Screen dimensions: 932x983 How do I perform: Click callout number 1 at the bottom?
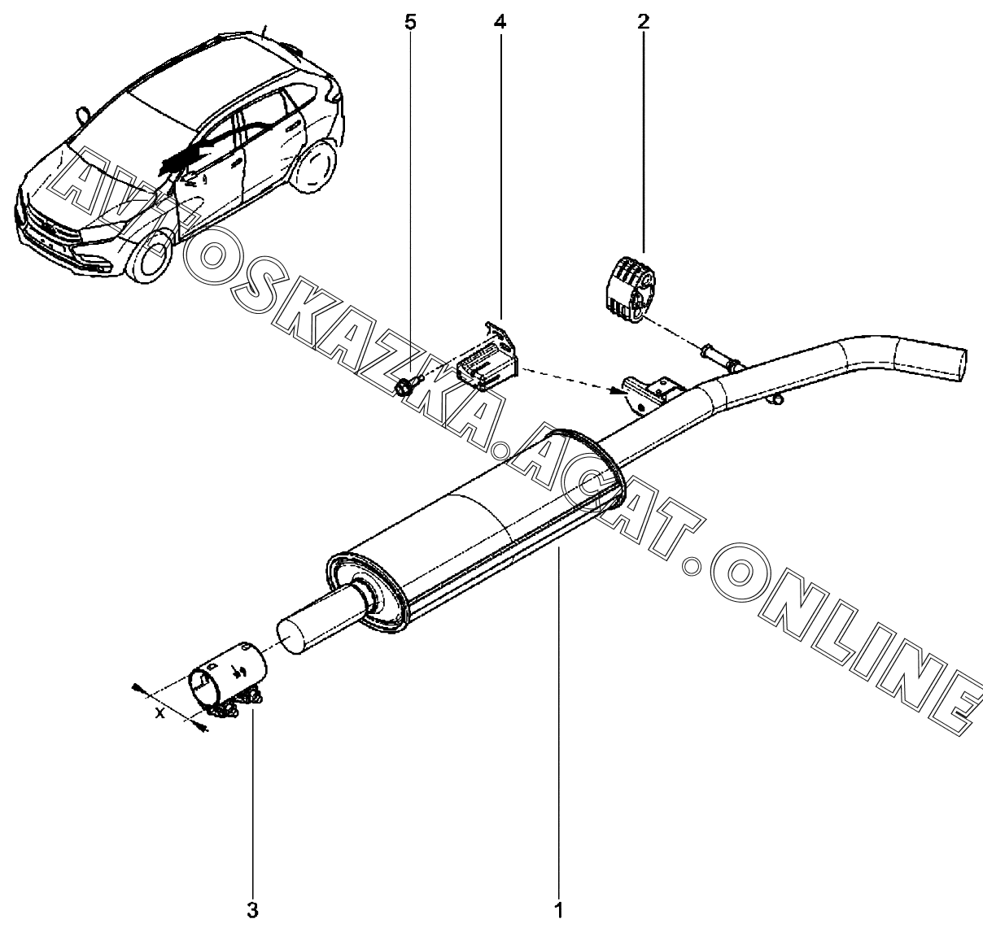click(559, 909)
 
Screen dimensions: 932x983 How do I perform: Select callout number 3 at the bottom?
click(252, 909)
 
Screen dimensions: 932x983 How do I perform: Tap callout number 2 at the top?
click(643, 22)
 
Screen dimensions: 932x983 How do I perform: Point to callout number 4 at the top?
click(500, 22)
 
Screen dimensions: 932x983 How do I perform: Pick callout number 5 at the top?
click(410, 22)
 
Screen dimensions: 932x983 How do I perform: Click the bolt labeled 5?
click(406, 386)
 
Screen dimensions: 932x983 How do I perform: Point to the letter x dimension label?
click(160, 713)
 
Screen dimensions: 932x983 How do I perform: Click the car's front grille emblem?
click(51, 227)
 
